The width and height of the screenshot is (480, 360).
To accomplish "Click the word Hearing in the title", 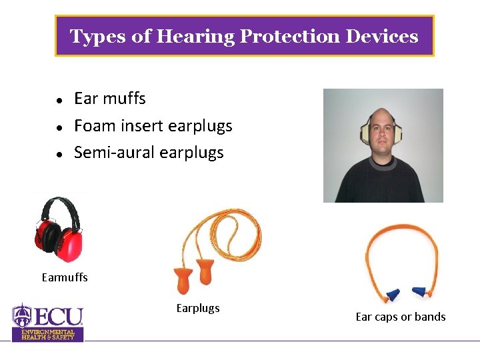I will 195,36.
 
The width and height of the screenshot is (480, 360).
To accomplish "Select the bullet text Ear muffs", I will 109,99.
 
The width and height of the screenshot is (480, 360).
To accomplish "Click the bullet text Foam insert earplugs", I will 153,125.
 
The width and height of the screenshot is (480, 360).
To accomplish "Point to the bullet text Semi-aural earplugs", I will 149,153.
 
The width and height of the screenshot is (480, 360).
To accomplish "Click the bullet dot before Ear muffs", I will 59,100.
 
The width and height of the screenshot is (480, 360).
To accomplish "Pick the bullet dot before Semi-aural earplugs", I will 59,154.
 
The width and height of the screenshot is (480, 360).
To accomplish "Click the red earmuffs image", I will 58,230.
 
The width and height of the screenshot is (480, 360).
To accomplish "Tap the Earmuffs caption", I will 65,277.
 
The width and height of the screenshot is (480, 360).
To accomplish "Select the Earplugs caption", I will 198,308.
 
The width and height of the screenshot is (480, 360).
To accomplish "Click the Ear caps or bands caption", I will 401,317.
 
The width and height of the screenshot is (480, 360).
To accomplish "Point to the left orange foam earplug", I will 183,279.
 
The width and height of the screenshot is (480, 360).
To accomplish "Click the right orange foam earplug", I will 205,273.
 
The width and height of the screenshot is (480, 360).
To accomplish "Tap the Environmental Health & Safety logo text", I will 48,334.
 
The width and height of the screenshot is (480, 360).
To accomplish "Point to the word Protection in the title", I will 289,36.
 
